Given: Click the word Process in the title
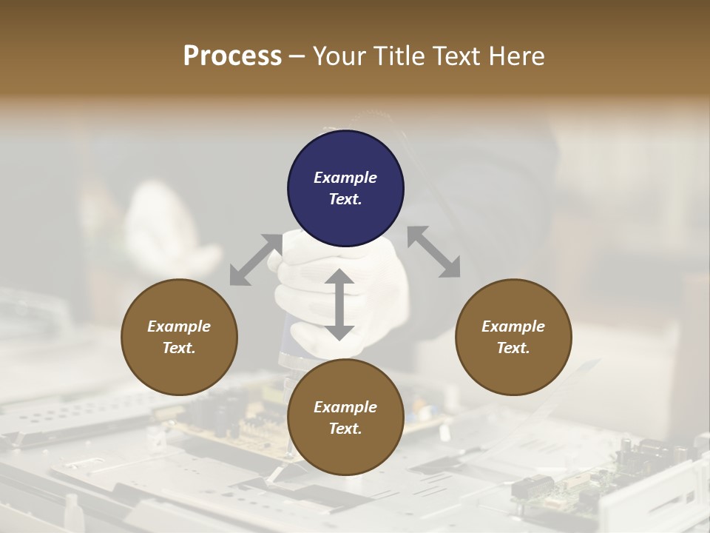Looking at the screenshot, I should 232,56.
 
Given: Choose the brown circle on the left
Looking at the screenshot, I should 179,337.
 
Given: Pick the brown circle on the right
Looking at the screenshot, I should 513,337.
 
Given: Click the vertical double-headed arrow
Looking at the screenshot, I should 339,304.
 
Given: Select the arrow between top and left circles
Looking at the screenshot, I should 256,259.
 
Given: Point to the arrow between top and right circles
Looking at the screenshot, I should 433,252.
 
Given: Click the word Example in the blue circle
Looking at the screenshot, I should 345,178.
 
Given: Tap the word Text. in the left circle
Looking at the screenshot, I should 179,348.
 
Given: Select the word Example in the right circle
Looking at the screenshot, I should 513,326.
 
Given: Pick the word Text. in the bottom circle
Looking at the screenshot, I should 345,429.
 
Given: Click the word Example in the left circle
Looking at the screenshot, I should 179,326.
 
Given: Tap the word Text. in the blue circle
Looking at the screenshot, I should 345,199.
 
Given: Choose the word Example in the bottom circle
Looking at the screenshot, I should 345,407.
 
